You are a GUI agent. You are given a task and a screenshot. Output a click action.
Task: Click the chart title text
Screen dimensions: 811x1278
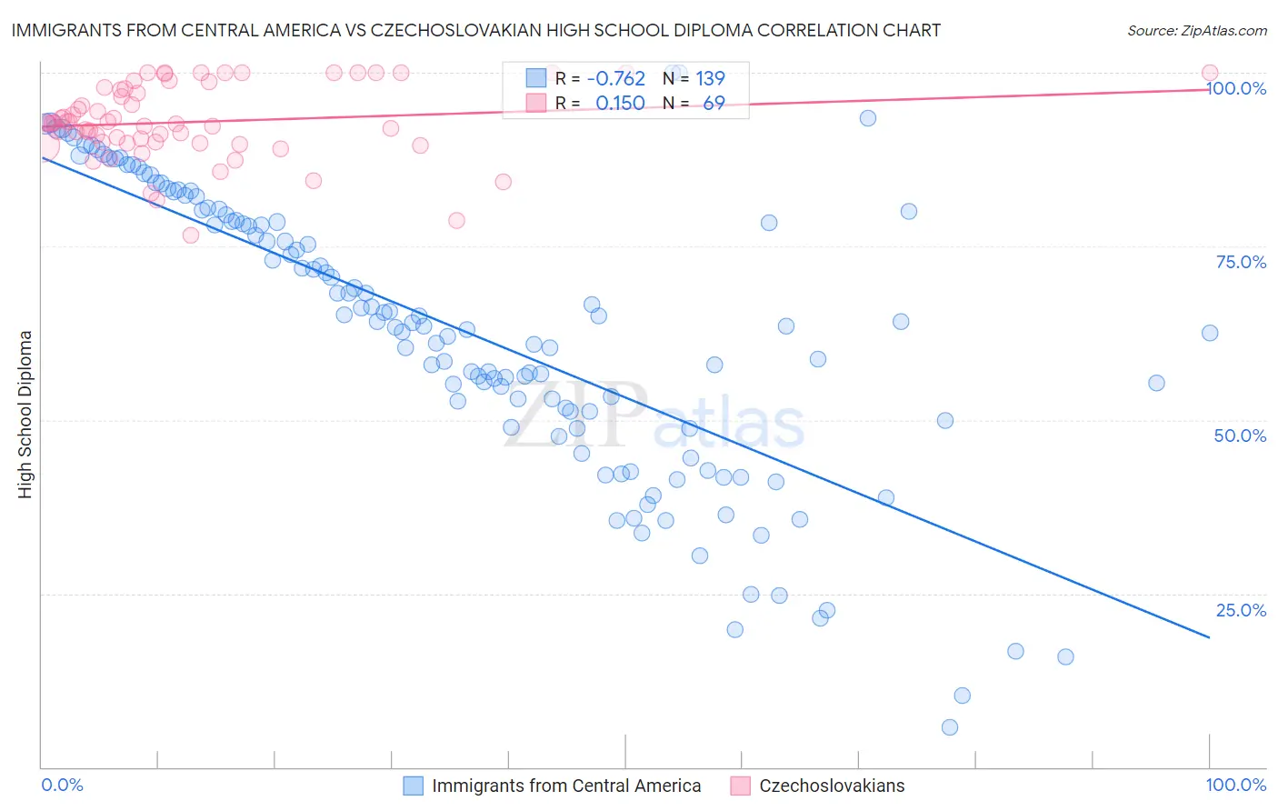click(476, 30)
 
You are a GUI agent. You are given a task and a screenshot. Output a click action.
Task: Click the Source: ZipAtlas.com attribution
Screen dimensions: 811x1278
click(1196, 30)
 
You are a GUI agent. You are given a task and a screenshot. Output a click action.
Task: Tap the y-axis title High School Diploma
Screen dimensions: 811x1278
click(25, 415)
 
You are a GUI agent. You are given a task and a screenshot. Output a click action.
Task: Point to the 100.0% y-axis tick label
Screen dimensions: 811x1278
click(1236, 89)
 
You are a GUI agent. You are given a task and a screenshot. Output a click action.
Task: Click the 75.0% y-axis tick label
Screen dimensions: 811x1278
click(1241, 263)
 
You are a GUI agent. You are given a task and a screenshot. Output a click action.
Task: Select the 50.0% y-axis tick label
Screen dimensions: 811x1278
click(1240, 436)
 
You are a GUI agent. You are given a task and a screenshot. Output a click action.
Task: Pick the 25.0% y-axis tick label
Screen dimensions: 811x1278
click(1241, 610)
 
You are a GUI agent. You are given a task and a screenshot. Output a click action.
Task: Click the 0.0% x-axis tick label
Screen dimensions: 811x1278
click(63, 786)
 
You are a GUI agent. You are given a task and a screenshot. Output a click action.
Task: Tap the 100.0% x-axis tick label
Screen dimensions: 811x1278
click(1235, 786)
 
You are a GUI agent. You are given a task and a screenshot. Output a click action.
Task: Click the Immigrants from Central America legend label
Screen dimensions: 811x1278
click(566, 786)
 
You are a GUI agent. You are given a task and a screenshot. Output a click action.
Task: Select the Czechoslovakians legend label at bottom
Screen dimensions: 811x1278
click(832, 786)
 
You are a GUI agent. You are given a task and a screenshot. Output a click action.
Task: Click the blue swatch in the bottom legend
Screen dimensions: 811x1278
click(414, 786)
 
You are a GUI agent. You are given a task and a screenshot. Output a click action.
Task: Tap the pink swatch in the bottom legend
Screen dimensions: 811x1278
click(740, 786)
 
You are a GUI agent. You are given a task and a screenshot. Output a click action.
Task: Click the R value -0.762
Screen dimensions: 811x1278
click(616, 79)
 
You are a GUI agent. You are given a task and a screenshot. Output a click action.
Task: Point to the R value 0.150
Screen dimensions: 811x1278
click(620, 104)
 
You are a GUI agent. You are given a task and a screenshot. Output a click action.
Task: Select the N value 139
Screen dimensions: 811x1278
click(710, 79)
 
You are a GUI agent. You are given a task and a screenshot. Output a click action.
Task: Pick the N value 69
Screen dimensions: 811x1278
click(714, 104)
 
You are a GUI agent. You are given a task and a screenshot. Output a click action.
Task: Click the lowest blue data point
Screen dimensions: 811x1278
click(950, 727)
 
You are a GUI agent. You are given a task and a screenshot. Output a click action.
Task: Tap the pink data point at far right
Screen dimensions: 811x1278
click(1210, 73)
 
